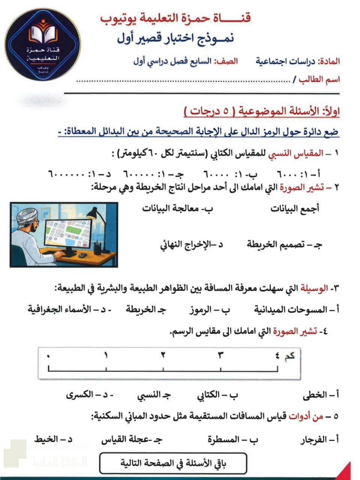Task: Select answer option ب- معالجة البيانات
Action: click(x=177, y=208)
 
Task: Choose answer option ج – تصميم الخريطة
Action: click(x=284, y=244)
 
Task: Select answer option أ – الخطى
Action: click(x=321, y=395)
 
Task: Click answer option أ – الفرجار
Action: click(x=319, y=439)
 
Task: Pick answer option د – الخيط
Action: click(x=53, y=439)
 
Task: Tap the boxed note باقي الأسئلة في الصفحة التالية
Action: click(x=173, y=463)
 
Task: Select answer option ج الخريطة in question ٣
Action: click(x=146, y=310)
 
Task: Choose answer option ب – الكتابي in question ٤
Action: click(x=217, y=395)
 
